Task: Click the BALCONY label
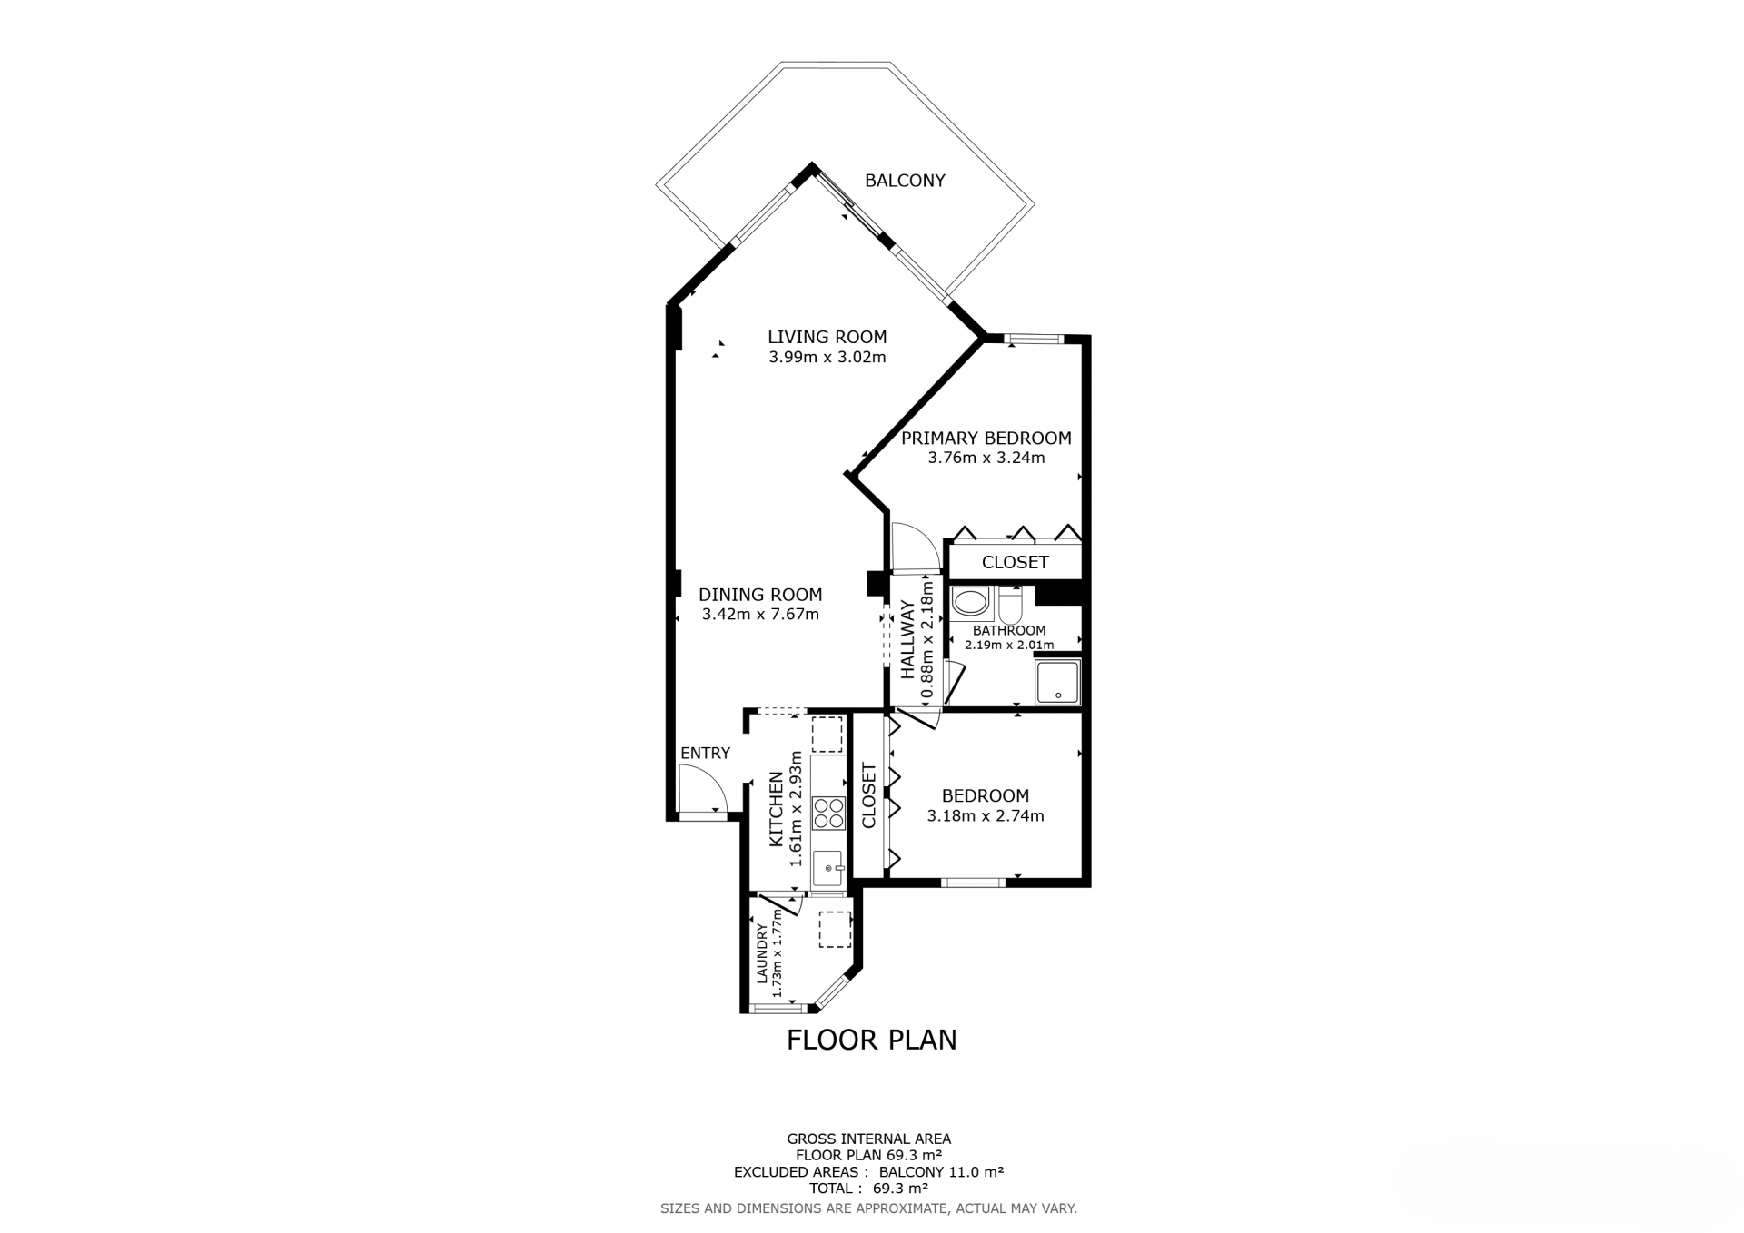pos(905,181)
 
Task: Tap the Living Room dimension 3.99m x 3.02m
pos(827,357)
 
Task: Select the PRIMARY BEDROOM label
pos(986,438)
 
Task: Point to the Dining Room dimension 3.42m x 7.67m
pos(760,615)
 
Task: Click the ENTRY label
pos(705,753)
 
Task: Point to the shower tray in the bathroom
pos(1058,682)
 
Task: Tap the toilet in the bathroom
pos(1011,603)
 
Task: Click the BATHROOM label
pos(1009,630)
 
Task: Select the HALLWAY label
pos(907,640)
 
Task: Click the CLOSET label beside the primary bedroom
pos(1016,562)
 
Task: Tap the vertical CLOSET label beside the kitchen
pos(868,796)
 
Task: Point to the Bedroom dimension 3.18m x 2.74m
pos(986,816)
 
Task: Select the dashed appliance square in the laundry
pos(836,930)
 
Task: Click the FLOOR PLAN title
pos(872,1040)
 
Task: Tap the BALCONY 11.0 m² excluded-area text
pos(941,1172)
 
